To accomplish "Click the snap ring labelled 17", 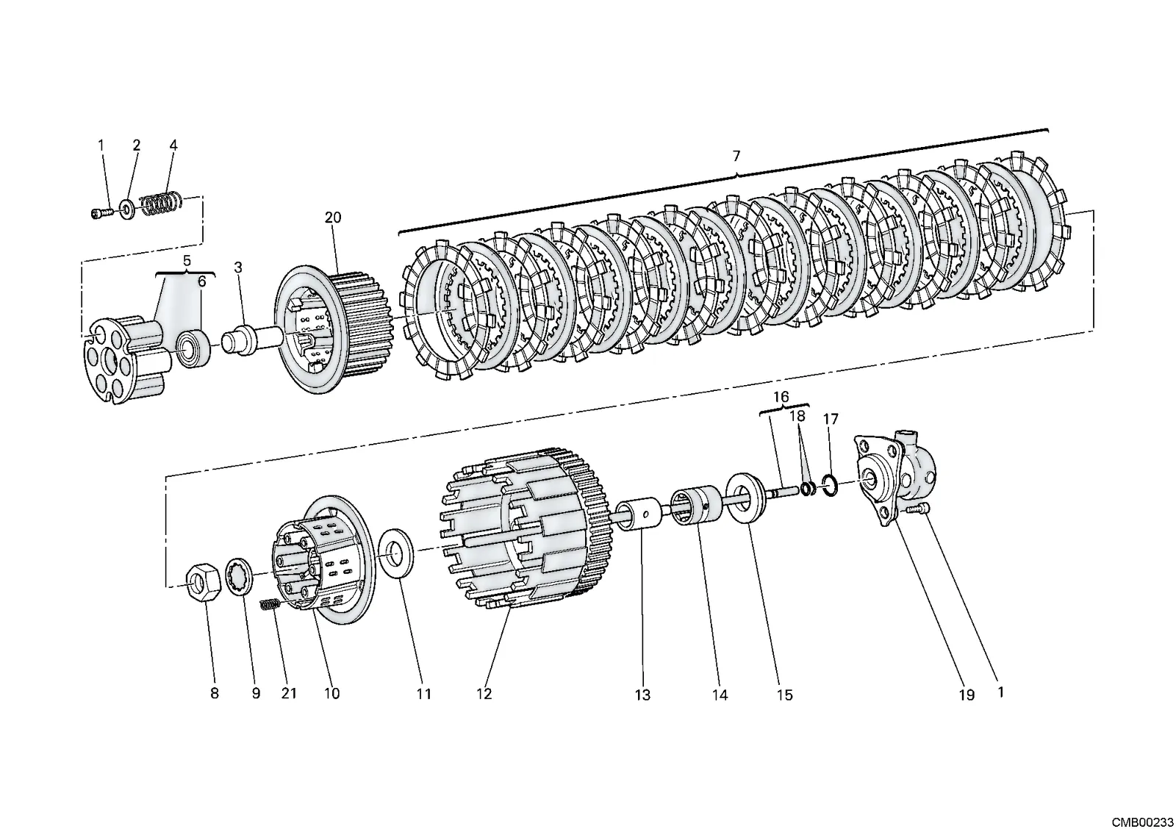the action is [830, 484].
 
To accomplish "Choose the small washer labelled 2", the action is [127, 209].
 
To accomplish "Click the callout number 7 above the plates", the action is [736, 156].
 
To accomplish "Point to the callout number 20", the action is [333, 217].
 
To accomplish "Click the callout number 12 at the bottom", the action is [484, 694].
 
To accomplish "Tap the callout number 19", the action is [967, 695].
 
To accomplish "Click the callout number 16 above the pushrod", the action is [781, 397].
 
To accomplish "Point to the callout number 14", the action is [720, 695].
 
